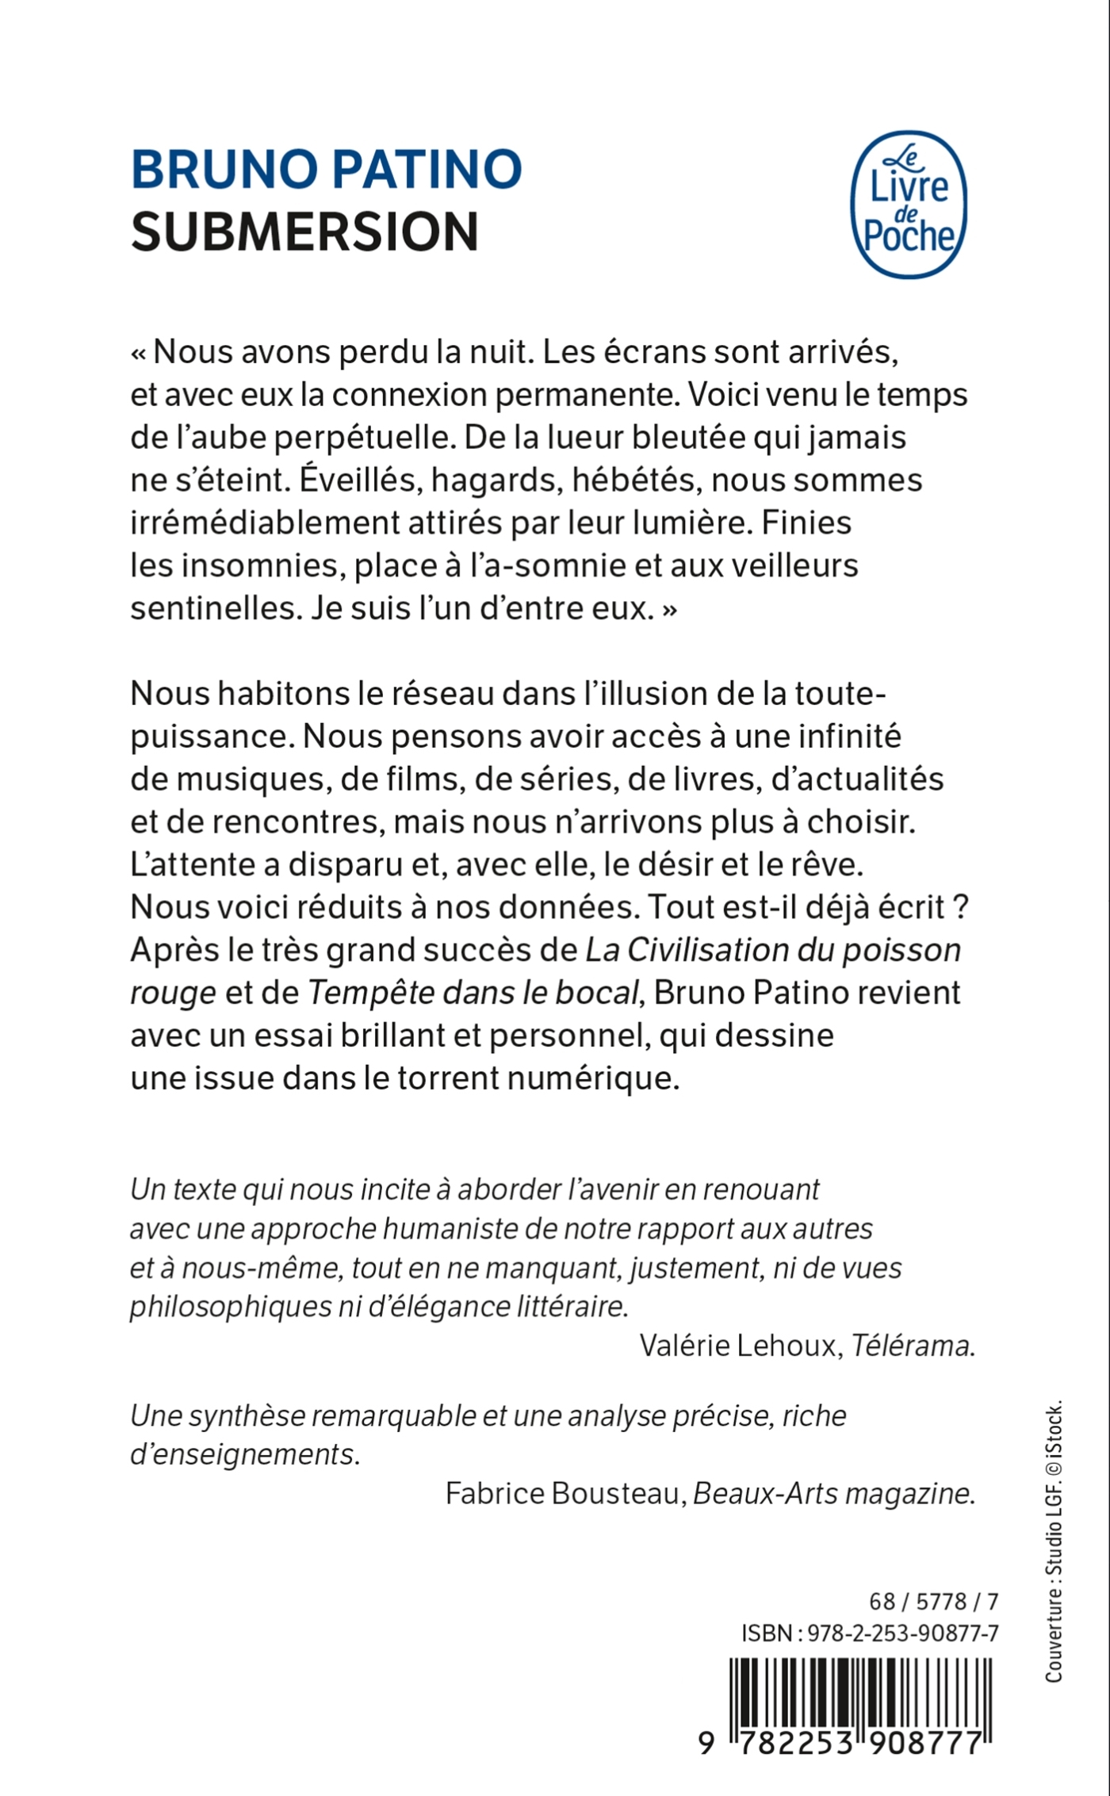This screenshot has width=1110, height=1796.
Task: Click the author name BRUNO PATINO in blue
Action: pyautogui.click(x=326, y=169)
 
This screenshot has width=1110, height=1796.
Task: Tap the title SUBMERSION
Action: pyautogui.click(x=304, y=232)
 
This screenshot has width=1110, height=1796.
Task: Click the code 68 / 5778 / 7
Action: pyautogui.click(x=933, y=1601)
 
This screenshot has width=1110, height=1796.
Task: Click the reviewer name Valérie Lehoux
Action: pyautogui.click(x=738, y=1345)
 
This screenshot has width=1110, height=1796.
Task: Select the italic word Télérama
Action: pyautogui.click(x=910, y=1345)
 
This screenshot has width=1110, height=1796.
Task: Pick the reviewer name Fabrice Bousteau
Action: pyautogui.click(x=564, y=1493)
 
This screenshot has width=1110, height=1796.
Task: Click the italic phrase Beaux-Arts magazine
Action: pyautogui.click(x=832, y=1493)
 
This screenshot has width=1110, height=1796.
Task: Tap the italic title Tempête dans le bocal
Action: pyautogui.click(x=473, y=992)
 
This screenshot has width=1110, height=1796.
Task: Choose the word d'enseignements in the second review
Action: pyautogui.click(x=243, y=1454)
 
